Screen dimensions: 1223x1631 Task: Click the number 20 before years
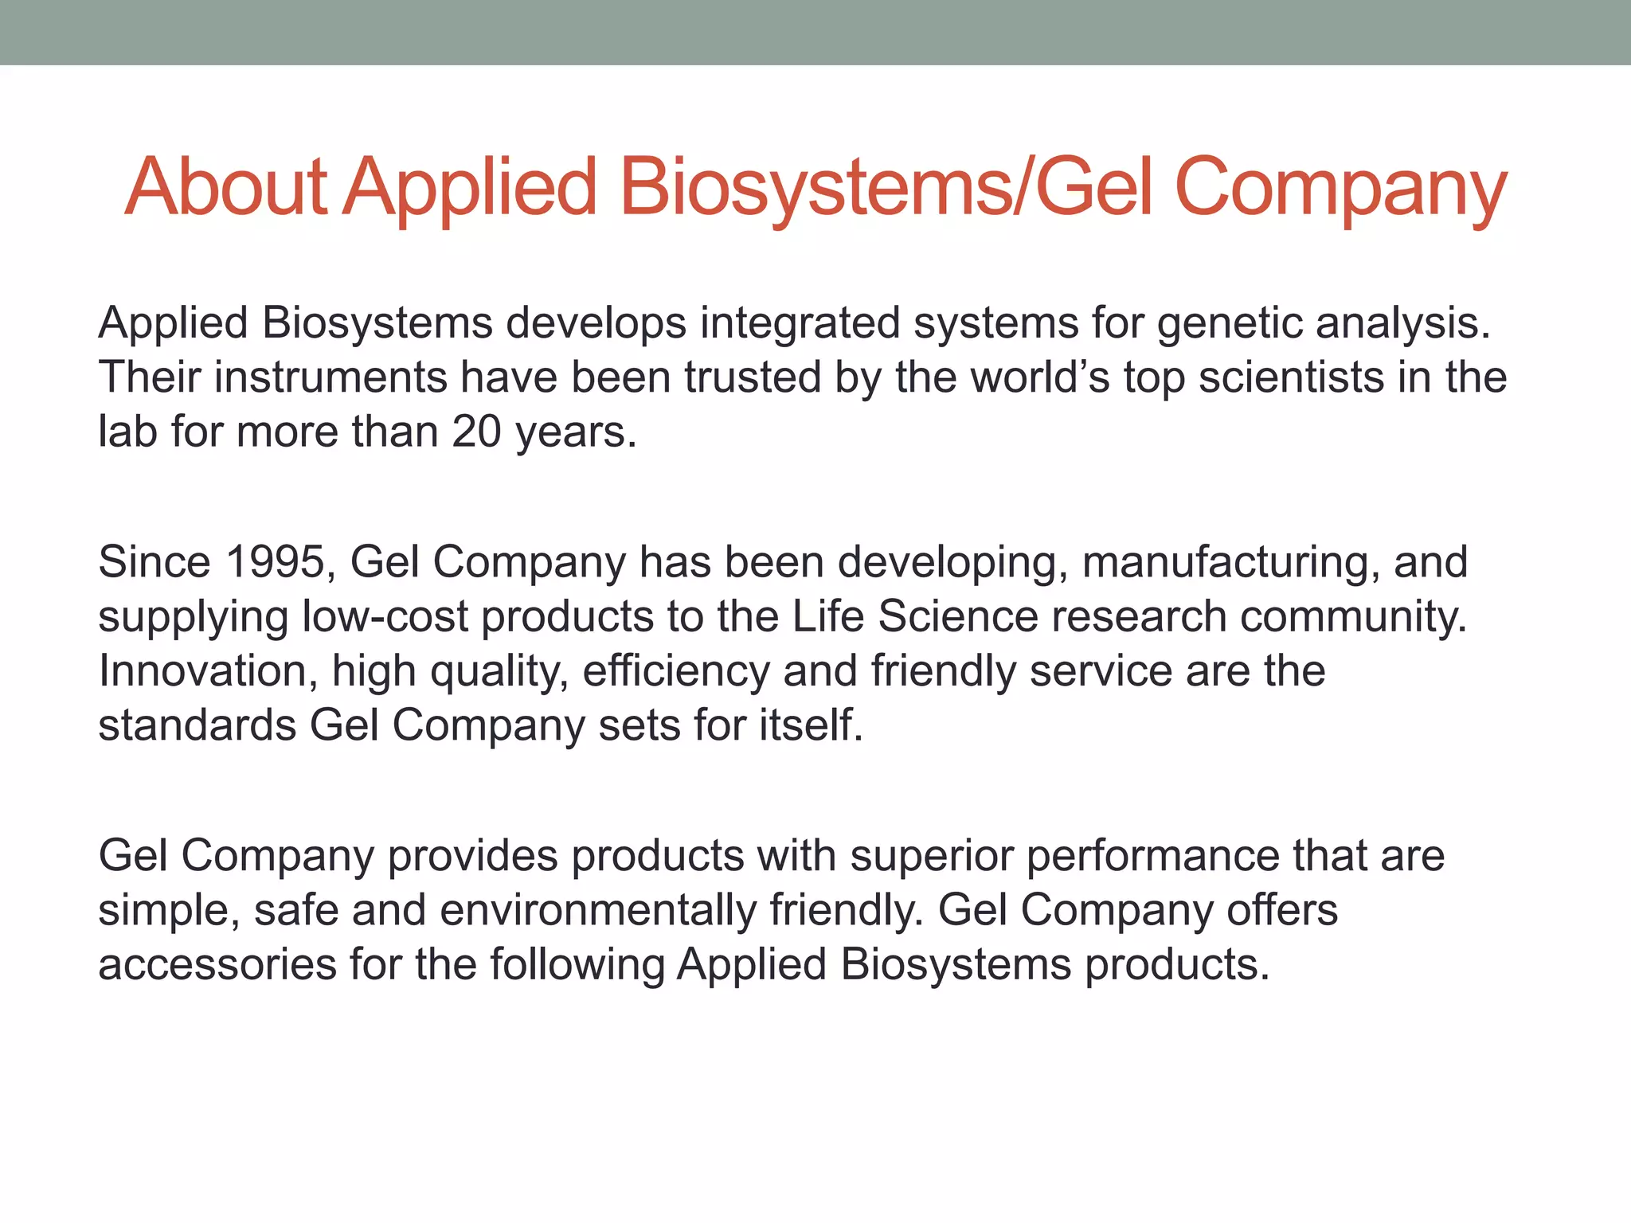coord(477,432)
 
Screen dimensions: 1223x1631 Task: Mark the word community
coord(1353,617)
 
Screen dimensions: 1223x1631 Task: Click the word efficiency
coord(676,671)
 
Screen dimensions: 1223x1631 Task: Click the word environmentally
coord(597,911)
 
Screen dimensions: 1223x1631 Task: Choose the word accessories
coord(217,965)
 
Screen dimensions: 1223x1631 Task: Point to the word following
coord(577,965)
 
